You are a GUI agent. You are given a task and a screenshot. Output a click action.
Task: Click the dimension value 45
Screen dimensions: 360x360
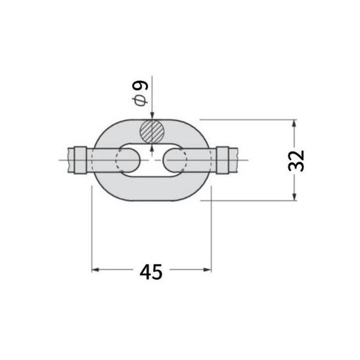[151, 272]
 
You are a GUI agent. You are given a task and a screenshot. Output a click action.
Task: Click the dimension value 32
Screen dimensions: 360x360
[296, 161]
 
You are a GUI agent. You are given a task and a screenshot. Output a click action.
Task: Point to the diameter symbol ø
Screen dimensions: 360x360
[140, 101]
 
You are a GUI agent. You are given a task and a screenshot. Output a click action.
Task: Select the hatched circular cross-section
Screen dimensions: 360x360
[152, 131]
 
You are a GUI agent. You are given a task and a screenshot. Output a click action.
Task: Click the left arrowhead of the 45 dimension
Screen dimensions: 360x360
[95, 270]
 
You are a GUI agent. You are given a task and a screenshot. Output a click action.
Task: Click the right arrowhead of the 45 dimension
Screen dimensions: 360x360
[208, 270]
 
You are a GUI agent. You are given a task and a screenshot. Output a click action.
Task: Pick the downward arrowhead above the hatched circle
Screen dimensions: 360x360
[152, 116]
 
